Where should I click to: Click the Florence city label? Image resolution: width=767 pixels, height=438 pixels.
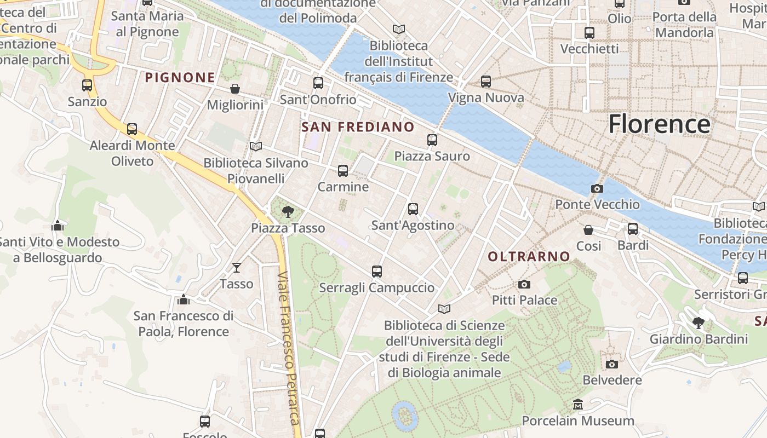coord(659,124)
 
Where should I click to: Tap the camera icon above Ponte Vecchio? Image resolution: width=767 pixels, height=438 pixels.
coord(597,188)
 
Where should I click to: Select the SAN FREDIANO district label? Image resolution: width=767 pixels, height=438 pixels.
coord(358,127)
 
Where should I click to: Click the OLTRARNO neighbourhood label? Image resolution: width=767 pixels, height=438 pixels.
coord(529,256)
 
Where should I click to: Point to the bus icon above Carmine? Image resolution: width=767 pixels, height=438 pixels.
coord(343,170)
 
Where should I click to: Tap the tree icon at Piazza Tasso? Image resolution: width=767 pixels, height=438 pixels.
coord(288,212)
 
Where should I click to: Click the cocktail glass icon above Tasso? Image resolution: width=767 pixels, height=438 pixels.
coord(236,267)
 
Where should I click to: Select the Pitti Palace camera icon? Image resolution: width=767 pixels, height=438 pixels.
coord(524,284)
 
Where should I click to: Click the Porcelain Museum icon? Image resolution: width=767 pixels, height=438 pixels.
coord(577,405)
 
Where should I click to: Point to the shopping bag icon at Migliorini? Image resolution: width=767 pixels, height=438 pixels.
coord(235,89)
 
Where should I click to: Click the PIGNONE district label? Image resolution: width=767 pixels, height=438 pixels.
coord(180,78)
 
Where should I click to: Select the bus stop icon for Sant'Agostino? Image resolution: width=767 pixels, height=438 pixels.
coord(413,209)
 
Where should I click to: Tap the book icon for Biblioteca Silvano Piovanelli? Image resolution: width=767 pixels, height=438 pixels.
coord(255,146)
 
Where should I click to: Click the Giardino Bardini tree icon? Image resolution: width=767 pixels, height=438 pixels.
coord(698,322)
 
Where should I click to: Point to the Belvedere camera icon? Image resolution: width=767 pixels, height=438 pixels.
coord(612,364)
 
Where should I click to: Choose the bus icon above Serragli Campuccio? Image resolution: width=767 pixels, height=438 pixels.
coord(376,271)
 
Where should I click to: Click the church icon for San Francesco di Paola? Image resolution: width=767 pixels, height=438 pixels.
coord(184,299)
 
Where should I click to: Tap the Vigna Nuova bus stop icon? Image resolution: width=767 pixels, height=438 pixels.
coord(486,82)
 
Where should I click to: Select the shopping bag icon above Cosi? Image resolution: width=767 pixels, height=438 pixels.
coord(588,229)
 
